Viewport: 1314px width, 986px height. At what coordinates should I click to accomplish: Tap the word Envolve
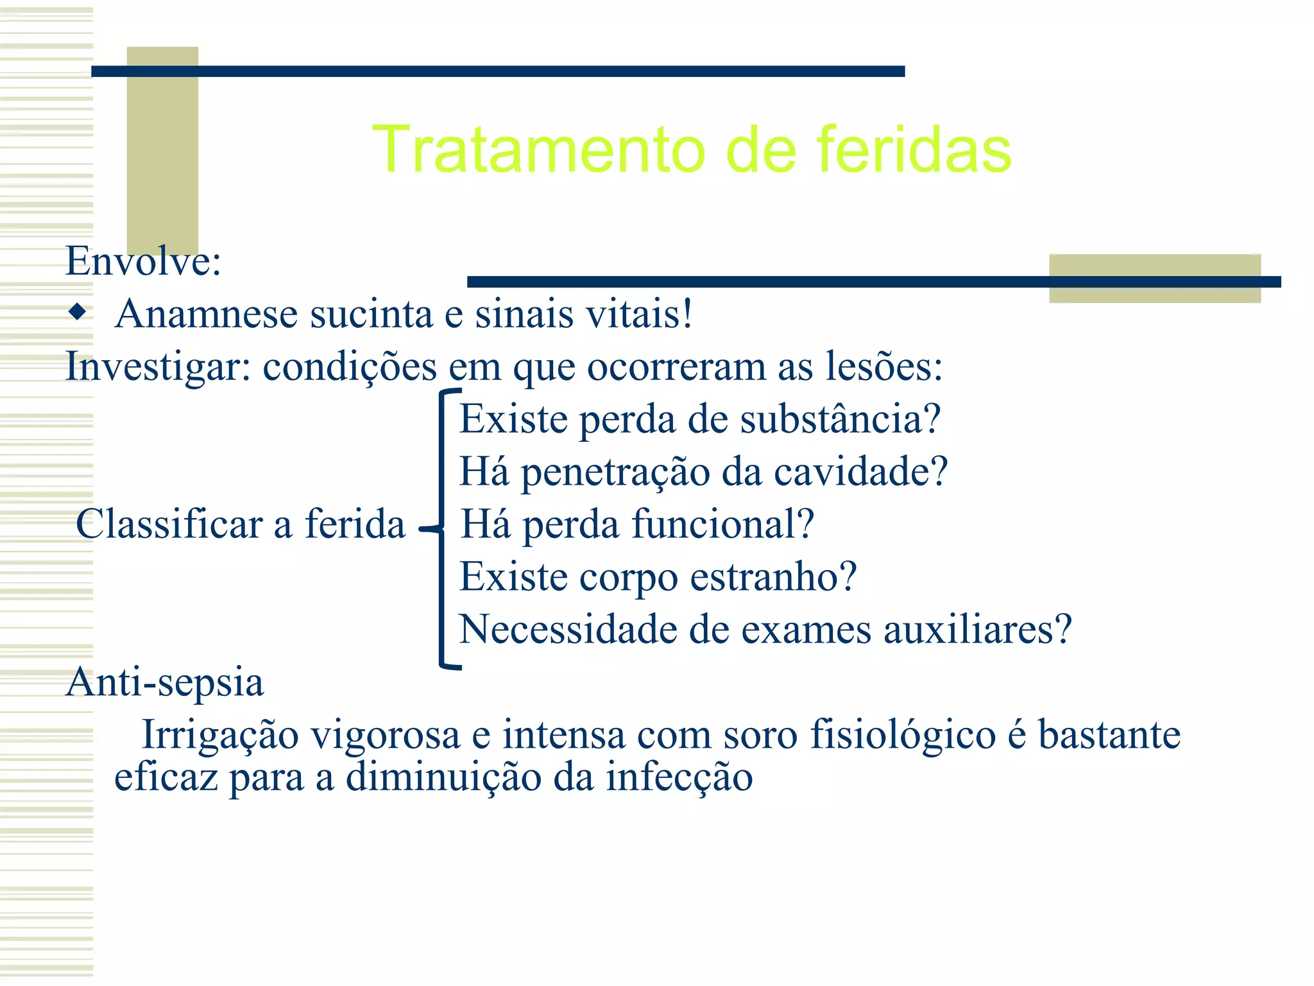coord(142,261)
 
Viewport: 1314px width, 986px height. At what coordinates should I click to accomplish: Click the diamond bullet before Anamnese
coord(78,313)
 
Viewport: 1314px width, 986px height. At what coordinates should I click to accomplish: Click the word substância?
coord(840,419)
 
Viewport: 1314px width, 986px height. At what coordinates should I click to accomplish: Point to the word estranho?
coord(773,577)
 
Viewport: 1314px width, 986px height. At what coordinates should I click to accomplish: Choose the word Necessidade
coord(568,629)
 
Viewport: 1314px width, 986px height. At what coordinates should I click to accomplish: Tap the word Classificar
coord(169,524)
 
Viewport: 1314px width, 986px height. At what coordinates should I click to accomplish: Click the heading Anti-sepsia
coord(165,682)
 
